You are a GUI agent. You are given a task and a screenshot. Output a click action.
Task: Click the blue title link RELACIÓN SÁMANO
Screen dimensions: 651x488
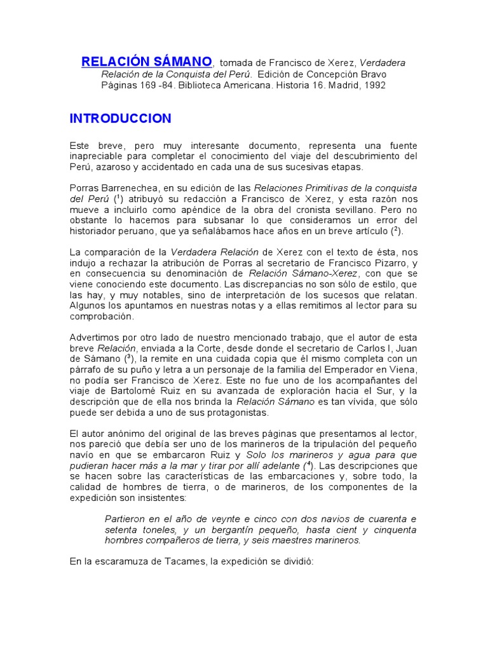point(147,62)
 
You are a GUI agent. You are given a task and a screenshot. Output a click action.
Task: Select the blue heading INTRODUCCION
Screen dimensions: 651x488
point(120,118)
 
